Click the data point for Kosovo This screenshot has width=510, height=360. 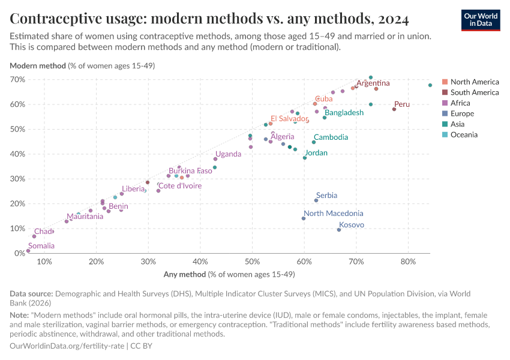pos(339,230)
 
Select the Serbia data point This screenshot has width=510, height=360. pos(316,200)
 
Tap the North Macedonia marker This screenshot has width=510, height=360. pos(304,218)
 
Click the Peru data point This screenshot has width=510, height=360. pos(394,109)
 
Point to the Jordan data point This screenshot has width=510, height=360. pos(305,158)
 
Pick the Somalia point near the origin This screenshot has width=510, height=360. pos(28,251)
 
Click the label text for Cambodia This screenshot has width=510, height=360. pos(331,137)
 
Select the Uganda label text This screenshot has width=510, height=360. pos(228,154)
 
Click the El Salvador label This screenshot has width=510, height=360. pos(289,119)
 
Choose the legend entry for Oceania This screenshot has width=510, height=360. pos(464,134)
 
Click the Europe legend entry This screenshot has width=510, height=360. pos(462,113)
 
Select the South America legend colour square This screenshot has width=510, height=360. pos(445,92)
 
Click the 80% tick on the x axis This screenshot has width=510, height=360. pos(408,262)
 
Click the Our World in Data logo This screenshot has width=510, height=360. pos(482,20)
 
